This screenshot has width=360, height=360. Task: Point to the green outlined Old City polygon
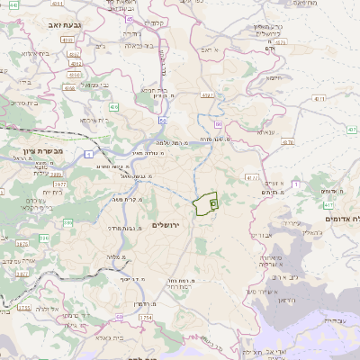tap(207, 204)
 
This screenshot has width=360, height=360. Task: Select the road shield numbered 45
tap(130, 18)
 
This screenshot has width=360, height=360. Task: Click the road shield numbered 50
tap(162, 117)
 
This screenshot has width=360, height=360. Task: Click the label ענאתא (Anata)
tap(265, 131)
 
